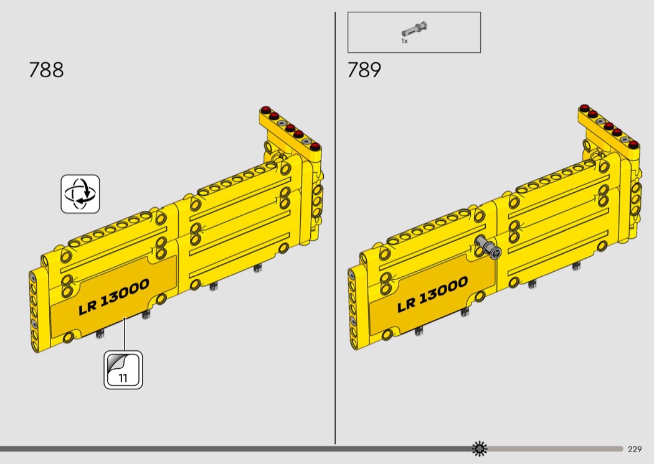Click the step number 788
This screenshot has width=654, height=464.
tap(46, 70)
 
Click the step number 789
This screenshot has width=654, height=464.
tap(364, 70)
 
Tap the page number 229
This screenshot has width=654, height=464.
tap(635, 449)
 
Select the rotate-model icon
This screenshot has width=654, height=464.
tap(80, 194)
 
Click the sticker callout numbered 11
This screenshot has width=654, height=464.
tap(123, 370)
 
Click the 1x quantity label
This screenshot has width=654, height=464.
tap(404, 41)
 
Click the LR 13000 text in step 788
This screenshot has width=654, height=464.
tap(114, 296)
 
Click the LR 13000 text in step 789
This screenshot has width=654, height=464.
tap(432, 294)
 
